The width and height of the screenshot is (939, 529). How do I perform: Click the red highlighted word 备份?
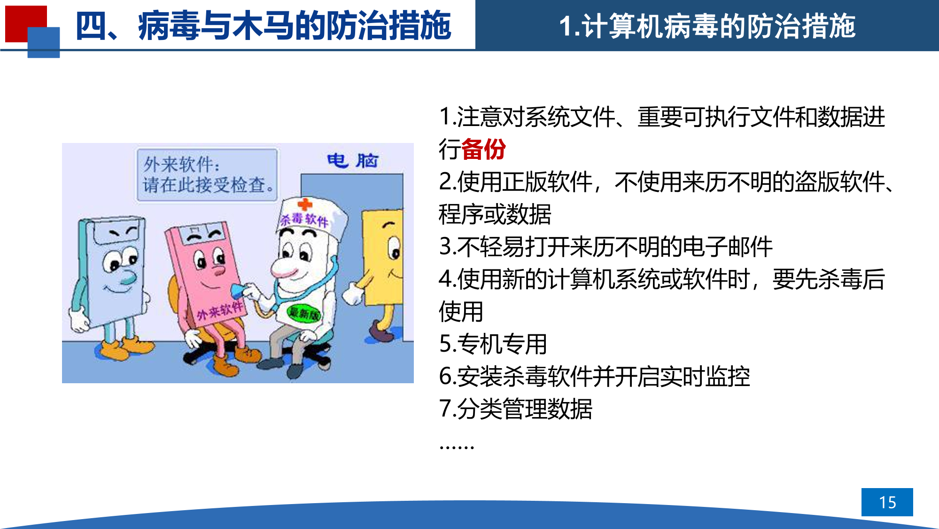point(483,150)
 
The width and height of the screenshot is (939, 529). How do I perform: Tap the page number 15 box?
point(887,502)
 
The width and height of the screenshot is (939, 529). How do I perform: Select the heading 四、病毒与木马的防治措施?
point(263,26)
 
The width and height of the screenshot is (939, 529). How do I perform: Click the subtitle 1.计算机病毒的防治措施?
point(707,26)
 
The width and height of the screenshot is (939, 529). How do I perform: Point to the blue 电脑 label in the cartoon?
point(352,161)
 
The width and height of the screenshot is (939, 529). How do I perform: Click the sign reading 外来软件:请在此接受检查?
point(207,175)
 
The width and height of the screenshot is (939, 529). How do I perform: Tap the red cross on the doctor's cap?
point(305,204)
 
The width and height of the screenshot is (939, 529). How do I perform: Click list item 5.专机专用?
point(493,344)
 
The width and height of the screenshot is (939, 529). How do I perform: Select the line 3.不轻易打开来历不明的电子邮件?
point(605,246)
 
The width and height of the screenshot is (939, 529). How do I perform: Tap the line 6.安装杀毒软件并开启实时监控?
point(594,376)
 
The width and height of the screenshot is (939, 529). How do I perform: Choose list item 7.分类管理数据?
point(515,409)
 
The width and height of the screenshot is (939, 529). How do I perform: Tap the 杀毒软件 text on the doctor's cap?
point(304,220)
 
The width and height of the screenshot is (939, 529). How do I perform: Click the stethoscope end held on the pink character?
point(237,291)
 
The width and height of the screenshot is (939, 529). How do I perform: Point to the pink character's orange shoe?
point(225,366)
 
